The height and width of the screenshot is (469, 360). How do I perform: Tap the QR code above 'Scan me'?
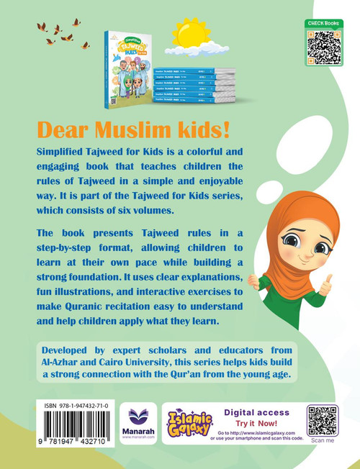pos(323,421)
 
